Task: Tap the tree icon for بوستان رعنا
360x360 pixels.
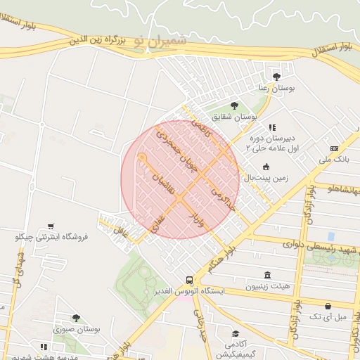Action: click(276, 76)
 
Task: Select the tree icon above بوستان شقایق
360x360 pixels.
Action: click(234, 105)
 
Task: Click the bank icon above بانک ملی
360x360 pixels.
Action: click(333, 149)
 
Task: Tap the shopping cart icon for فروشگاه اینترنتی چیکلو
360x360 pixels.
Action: click(51, 226)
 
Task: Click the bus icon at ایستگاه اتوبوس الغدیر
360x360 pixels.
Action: click(188, 279)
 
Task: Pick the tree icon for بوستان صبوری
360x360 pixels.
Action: click(76, 318)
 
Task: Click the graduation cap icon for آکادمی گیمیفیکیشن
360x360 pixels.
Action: click(235, 333)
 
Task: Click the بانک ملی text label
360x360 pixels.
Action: click(334, 160)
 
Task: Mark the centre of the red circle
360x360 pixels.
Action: click(181, 179)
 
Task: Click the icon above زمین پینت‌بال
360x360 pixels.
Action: click(266, 167)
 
